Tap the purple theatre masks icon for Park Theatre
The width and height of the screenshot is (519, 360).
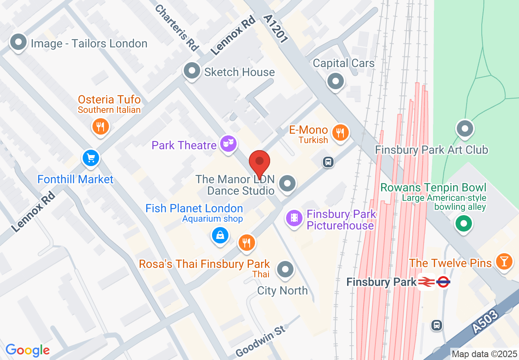click(228, 144)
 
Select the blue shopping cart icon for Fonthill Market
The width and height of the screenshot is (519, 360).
click(91, 158)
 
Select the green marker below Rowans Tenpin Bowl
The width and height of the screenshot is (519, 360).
click(464, 223)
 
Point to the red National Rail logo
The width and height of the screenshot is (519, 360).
click(426, 281)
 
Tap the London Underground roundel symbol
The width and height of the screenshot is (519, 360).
click(443, 281)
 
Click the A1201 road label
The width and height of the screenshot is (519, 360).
click(276, 29)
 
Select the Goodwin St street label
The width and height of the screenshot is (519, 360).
click(260, 341)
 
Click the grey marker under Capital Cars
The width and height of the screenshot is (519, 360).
click(336, 81)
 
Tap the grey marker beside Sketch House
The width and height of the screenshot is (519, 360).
click(192, 71)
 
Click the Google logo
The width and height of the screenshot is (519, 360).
click(28, 350)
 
